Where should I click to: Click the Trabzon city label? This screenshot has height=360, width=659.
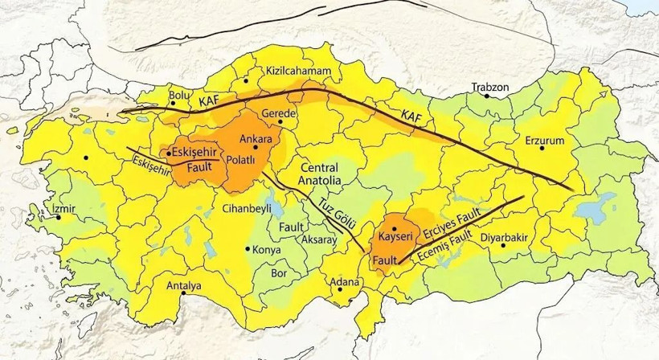(489, 87)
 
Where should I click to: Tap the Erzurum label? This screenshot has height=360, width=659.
(546, 141)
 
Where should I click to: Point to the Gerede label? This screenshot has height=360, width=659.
(280, 115)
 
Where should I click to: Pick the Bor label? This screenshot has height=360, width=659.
(280, 273)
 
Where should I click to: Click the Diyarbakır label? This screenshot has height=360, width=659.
(503, 238)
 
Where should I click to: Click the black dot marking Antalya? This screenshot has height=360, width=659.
(183, 294)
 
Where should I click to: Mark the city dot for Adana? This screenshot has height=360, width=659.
(341, 290)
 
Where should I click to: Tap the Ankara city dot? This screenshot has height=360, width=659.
(255, 147)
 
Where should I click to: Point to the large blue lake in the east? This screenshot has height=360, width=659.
(594, 211)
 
